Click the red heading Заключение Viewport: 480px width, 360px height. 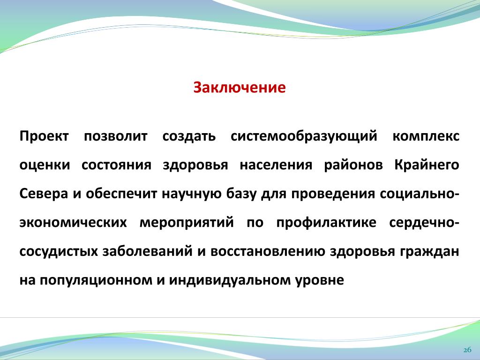pos(240,88)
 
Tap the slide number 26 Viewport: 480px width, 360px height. pos(467,350)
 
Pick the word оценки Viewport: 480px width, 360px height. pos(45,165)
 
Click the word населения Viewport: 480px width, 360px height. pos(276,165)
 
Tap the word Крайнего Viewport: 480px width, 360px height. pos(427,165)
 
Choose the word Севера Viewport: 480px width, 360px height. pos(44,194)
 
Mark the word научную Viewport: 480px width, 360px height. pos(191,194)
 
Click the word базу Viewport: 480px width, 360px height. pos(241,194)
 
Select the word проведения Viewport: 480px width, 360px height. pos(333,194)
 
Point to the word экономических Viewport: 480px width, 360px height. pos(73,223)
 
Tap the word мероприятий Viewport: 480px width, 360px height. pos(187,222)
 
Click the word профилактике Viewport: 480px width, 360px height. pos(326,222)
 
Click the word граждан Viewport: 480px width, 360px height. pos(429,252)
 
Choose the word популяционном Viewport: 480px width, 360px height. pos(96,280)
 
